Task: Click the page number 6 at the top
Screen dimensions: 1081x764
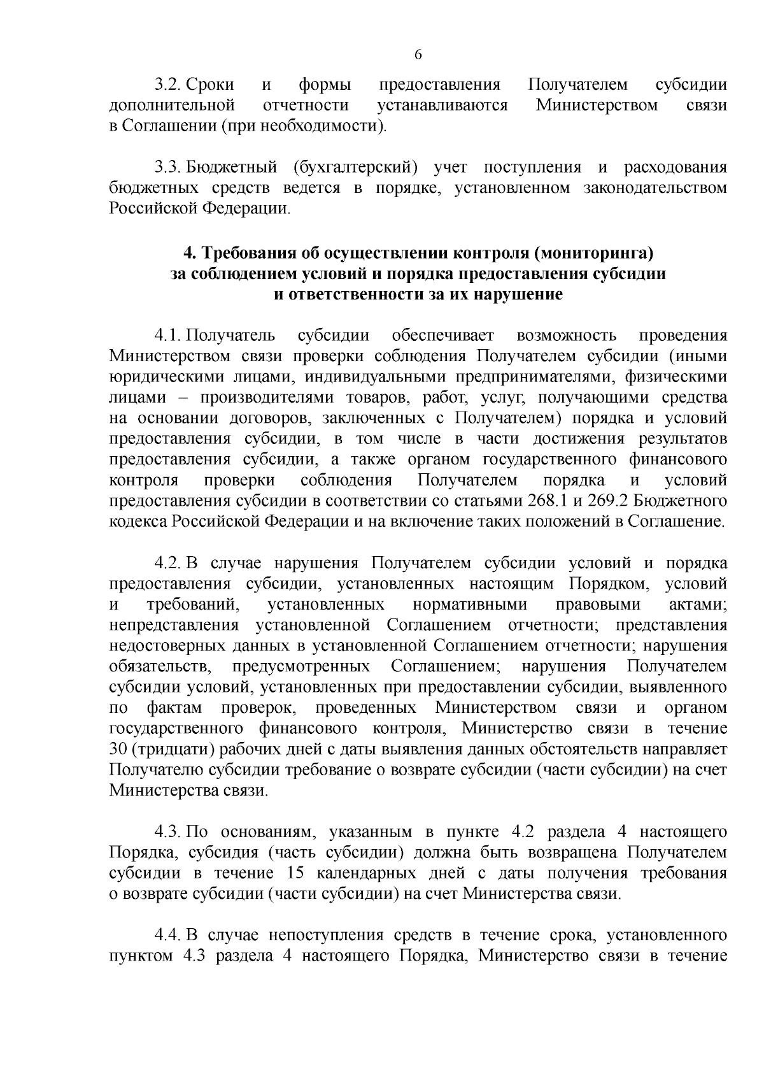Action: click(418, 55)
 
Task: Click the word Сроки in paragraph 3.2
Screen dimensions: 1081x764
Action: click(211, 85)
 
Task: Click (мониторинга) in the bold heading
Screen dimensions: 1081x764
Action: click(595, 254)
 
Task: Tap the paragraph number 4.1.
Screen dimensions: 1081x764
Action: click(168, 336)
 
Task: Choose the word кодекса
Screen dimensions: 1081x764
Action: click(138, 522)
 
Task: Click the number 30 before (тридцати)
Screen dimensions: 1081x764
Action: click(118, 749)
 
